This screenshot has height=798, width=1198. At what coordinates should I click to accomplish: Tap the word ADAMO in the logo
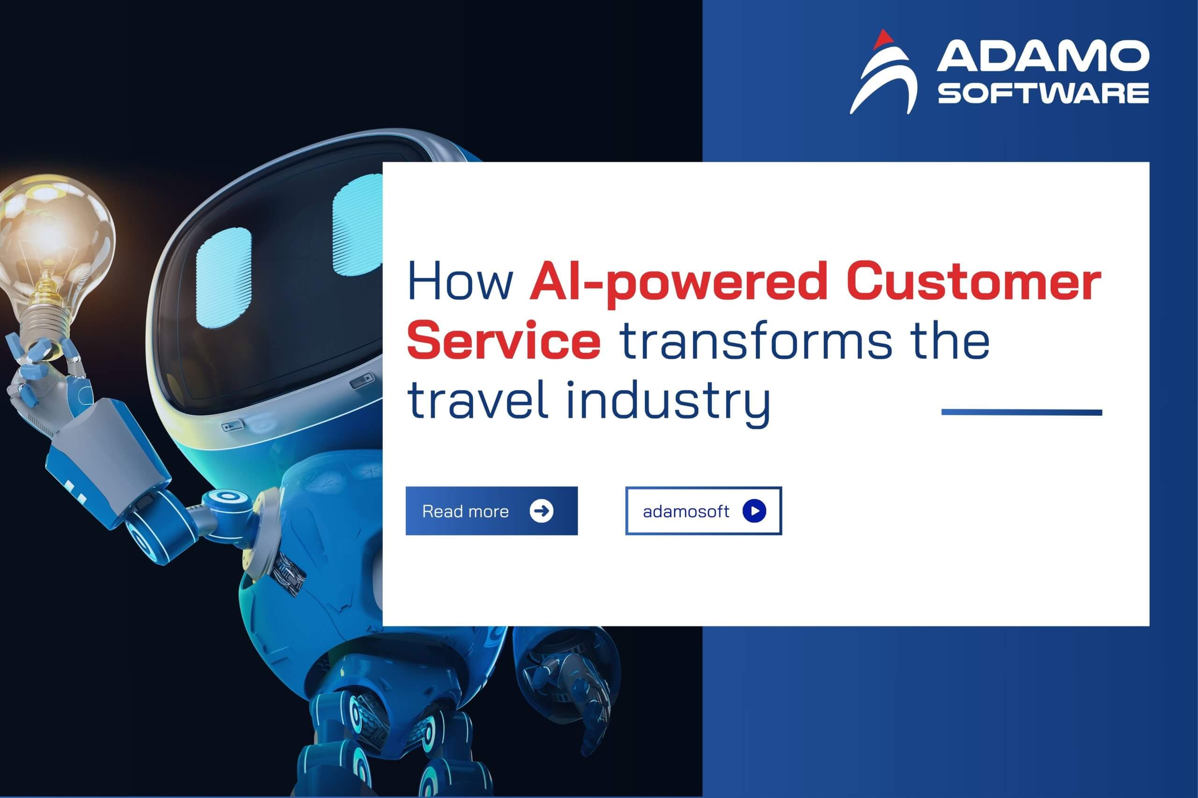(1043, 57)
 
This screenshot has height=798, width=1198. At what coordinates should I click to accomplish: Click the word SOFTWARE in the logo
(1043, 94)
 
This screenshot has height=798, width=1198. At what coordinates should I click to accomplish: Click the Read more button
(491, 510)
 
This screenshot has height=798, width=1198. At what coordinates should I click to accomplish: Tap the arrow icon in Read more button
(541, 510)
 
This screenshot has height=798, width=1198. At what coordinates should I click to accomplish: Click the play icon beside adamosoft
(754, 510)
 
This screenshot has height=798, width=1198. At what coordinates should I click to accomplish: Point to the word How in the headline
(461, 282)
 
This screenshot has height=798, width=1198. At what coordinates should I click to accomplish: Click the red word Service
(504, 341)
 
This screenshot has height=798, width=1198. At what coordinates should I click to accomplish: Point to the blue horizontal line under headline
(1022, 412)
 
